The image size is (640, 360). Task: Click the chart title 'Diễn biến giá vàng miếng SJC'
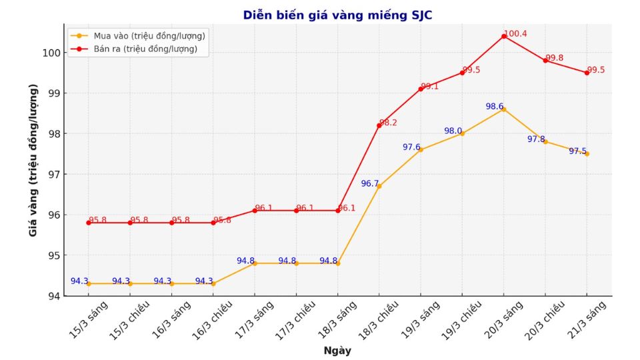tap(337, 15)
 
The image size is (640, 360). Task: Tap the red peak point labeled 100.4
tap(504, 36)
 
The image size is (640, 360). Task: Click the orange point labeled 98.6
tap(504, 109)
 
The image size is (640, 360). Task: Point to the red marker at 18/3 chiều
tap(379, 125)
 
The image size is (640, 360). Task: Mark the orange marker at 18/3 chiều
tap(379, 186)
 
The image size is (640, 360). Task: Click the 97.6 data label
tap(411, 147)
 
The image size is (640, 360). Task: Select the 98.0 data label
tap(453, 131)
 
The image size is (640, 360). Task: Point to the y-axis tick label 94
tap(55, 296)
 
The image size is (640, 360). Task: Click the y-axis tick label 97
tap(55, 174)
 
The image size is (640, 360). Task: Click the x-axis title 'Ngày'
tap(337, 351)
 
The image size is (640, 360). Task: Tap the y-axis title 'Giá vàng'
tap(33, 160)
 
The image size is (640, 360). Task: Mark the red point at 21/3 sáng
tap(587, 73)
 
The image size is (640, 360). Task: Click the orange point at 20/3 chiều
tap(545, 141)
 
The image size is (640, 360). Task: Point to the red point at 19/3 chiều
tap(462, 73)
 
